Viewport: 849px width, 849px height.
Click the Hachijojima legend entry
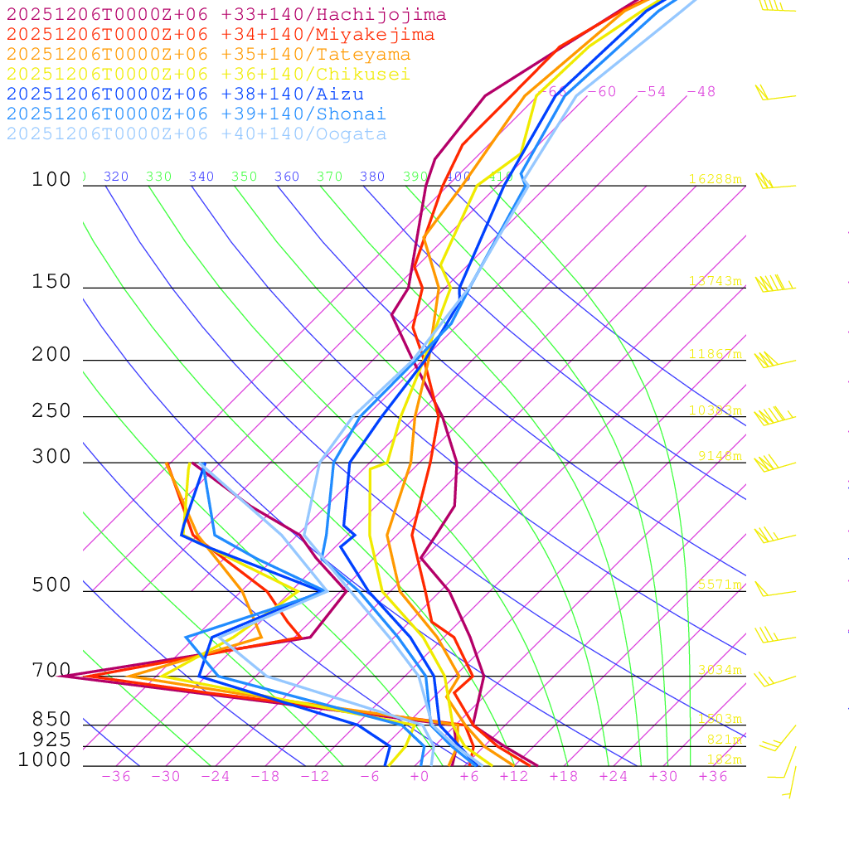point(226,15)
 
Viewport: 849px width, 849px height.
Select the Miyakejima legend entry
point(220,35)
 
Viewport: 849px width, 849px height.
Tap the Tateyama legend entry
point(208,55)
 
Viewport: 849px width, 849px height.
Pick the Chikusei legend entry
point(208,75)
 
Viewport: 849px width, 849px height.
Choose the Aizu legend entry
point(185,95)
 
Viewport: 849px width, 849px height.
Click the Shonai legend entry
point(196,114)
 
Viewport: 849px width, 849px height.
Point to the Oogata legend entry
point(196,134)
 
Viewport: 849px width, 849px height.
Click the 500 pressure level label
point(51,585)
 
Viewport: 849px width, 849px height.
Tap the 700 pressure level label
point(51,670)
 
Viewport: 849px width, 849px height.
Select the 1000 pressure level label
point(46,759)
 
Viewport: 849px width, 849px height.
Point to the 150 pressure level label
point(51,282)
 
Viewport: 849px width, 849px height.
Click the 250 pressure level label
point(51,411)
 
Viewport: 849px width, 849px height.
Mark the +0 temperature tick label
point(420,777)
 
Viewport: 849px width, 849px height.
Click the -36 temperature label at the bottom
point(115,777)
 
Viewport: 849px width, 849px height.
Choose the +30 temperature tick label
point(663,777)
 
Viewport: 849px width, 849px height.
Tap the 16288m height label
point(715,179)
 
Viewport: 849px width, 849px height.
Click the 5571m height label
point(720,585)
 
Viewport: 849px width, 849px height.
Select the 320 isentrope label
point(116,177)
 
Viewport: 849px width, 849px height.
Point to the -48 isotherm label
point(701,91)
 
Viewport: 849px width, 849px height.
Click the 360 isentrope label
point(287,177)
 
